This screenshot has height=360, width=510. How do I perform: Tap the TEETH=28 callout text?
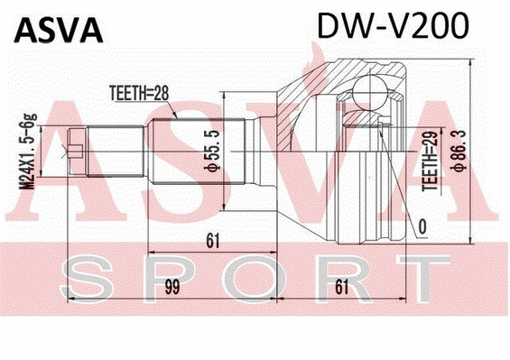pyautogui.click(x=140, y=91)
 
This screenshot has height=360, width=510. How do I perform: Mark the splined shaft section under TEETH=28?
pyautogui.click(x=194, y=148)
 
